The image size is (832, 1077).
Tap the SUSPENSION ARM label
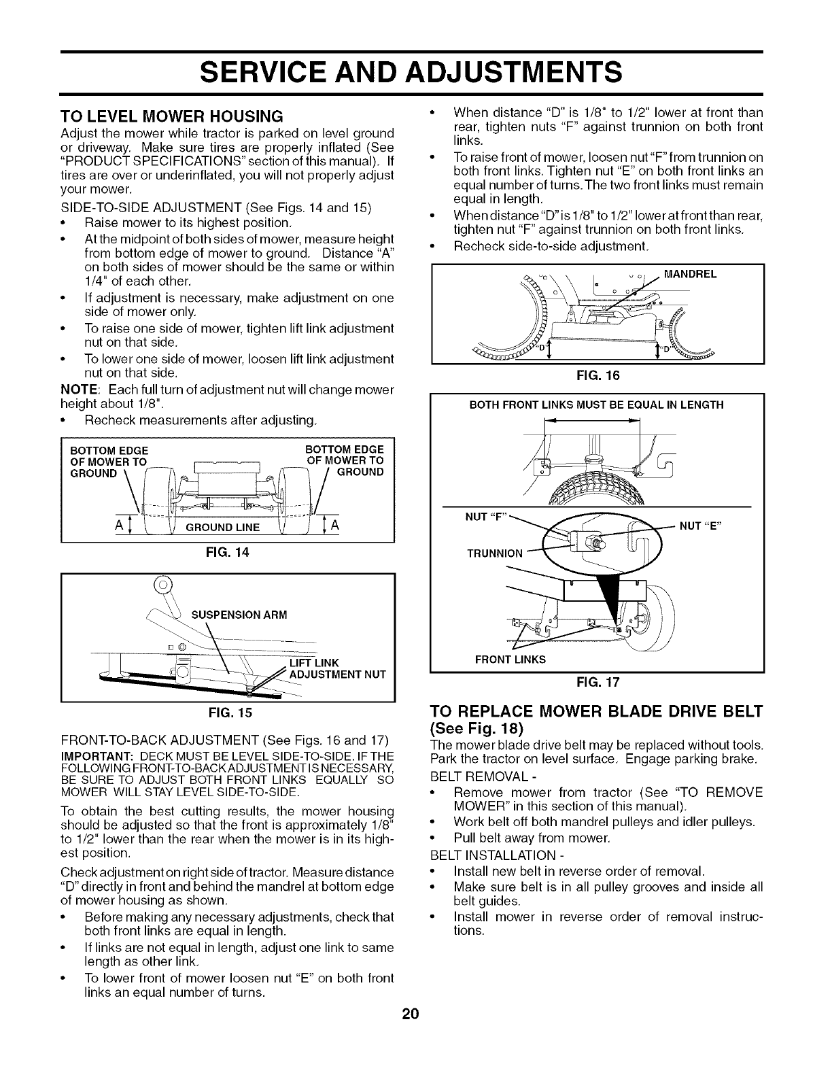point(239,615)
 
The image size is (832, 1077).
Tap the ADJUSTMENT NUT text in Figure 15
point(338,674)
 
